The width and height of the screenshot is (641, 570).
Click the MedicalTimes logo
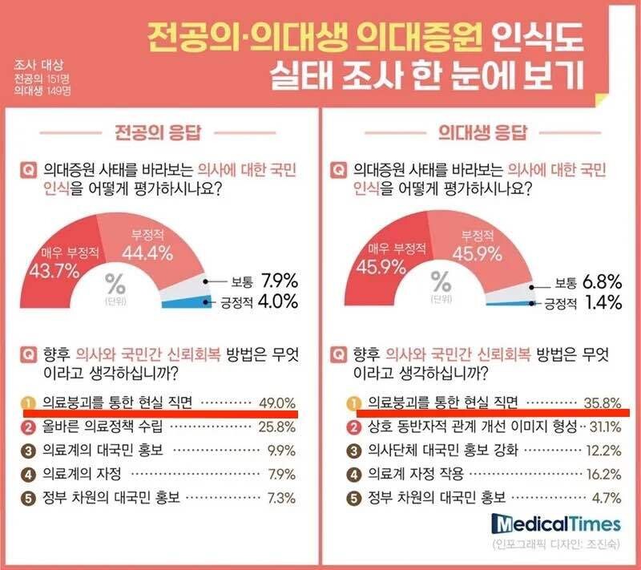557,524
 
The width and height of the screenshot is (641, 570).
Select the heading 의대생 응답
476,131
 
